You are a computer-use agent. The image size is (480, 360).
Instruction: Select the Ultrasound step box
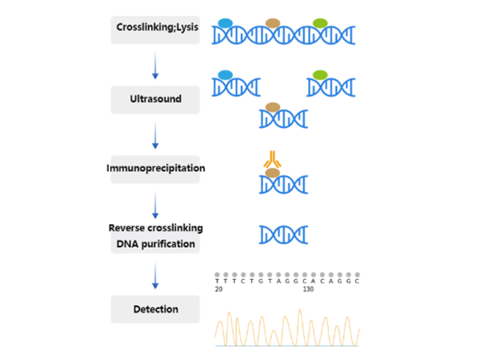(155, 100)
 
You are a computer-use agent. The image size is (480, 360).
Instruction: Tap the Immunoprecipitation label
(155, 169)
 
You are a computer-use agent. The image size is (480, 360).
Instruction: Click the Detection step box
(155, 309)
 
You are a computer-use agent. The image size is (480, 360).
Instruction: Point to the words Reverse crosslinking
(155, 228)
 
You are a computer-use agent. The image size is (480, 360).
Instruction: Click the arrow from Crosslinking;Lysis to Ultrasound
(155, 65)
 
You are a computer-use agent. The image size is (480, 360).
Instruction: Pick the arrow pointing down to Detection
(155, 277)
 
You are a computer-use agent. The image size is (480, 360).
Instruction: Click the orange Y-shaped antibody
(273, 160)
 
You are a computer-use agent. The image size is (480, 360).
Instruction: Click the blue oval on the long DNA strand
(226, 22)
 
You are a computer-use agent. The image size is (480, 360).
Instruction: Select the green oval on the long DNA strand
(320, 22)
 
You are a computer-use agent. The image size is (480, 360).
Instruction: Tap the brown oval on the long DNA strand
(273, 22)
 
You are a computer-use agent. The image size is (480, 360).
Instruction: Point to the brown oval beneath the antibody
(273, 173)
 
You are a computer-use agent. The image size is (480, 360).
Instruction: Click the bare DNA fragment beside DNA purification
(283, 234)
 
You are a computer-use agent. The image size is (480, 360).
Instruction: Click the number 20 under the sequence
(218, 290)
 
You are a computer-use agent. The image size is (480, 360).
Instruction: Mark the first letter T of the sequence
(217, 281)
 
